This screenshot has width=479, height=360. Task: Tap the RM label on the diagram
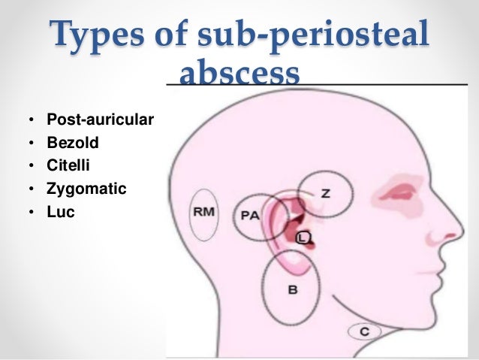pos(203,212)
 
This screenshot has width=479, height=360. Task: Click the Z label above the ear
pos(325,193)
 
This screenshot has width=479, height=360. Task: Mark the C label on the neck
pos(364,330)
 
